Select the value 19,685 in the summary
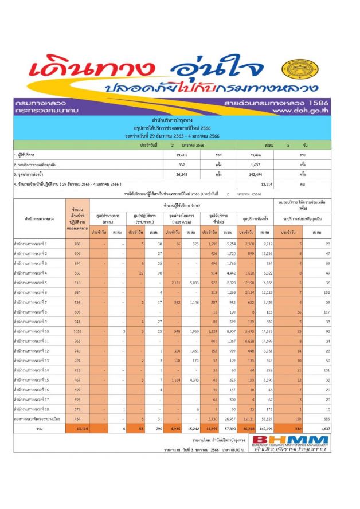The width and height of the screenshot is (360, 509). pyautogui.click(x=182, y=155)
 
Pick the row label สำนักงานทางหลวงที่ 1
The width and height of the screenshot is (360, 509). pyautogui.click(x=35, y=244)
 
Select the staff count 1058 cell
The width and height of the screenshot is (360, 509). pyautogui.click(x=77, y=331)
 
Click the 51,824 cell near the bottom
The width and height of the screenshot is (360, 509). pyautogui.click(x=266, y=418)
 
